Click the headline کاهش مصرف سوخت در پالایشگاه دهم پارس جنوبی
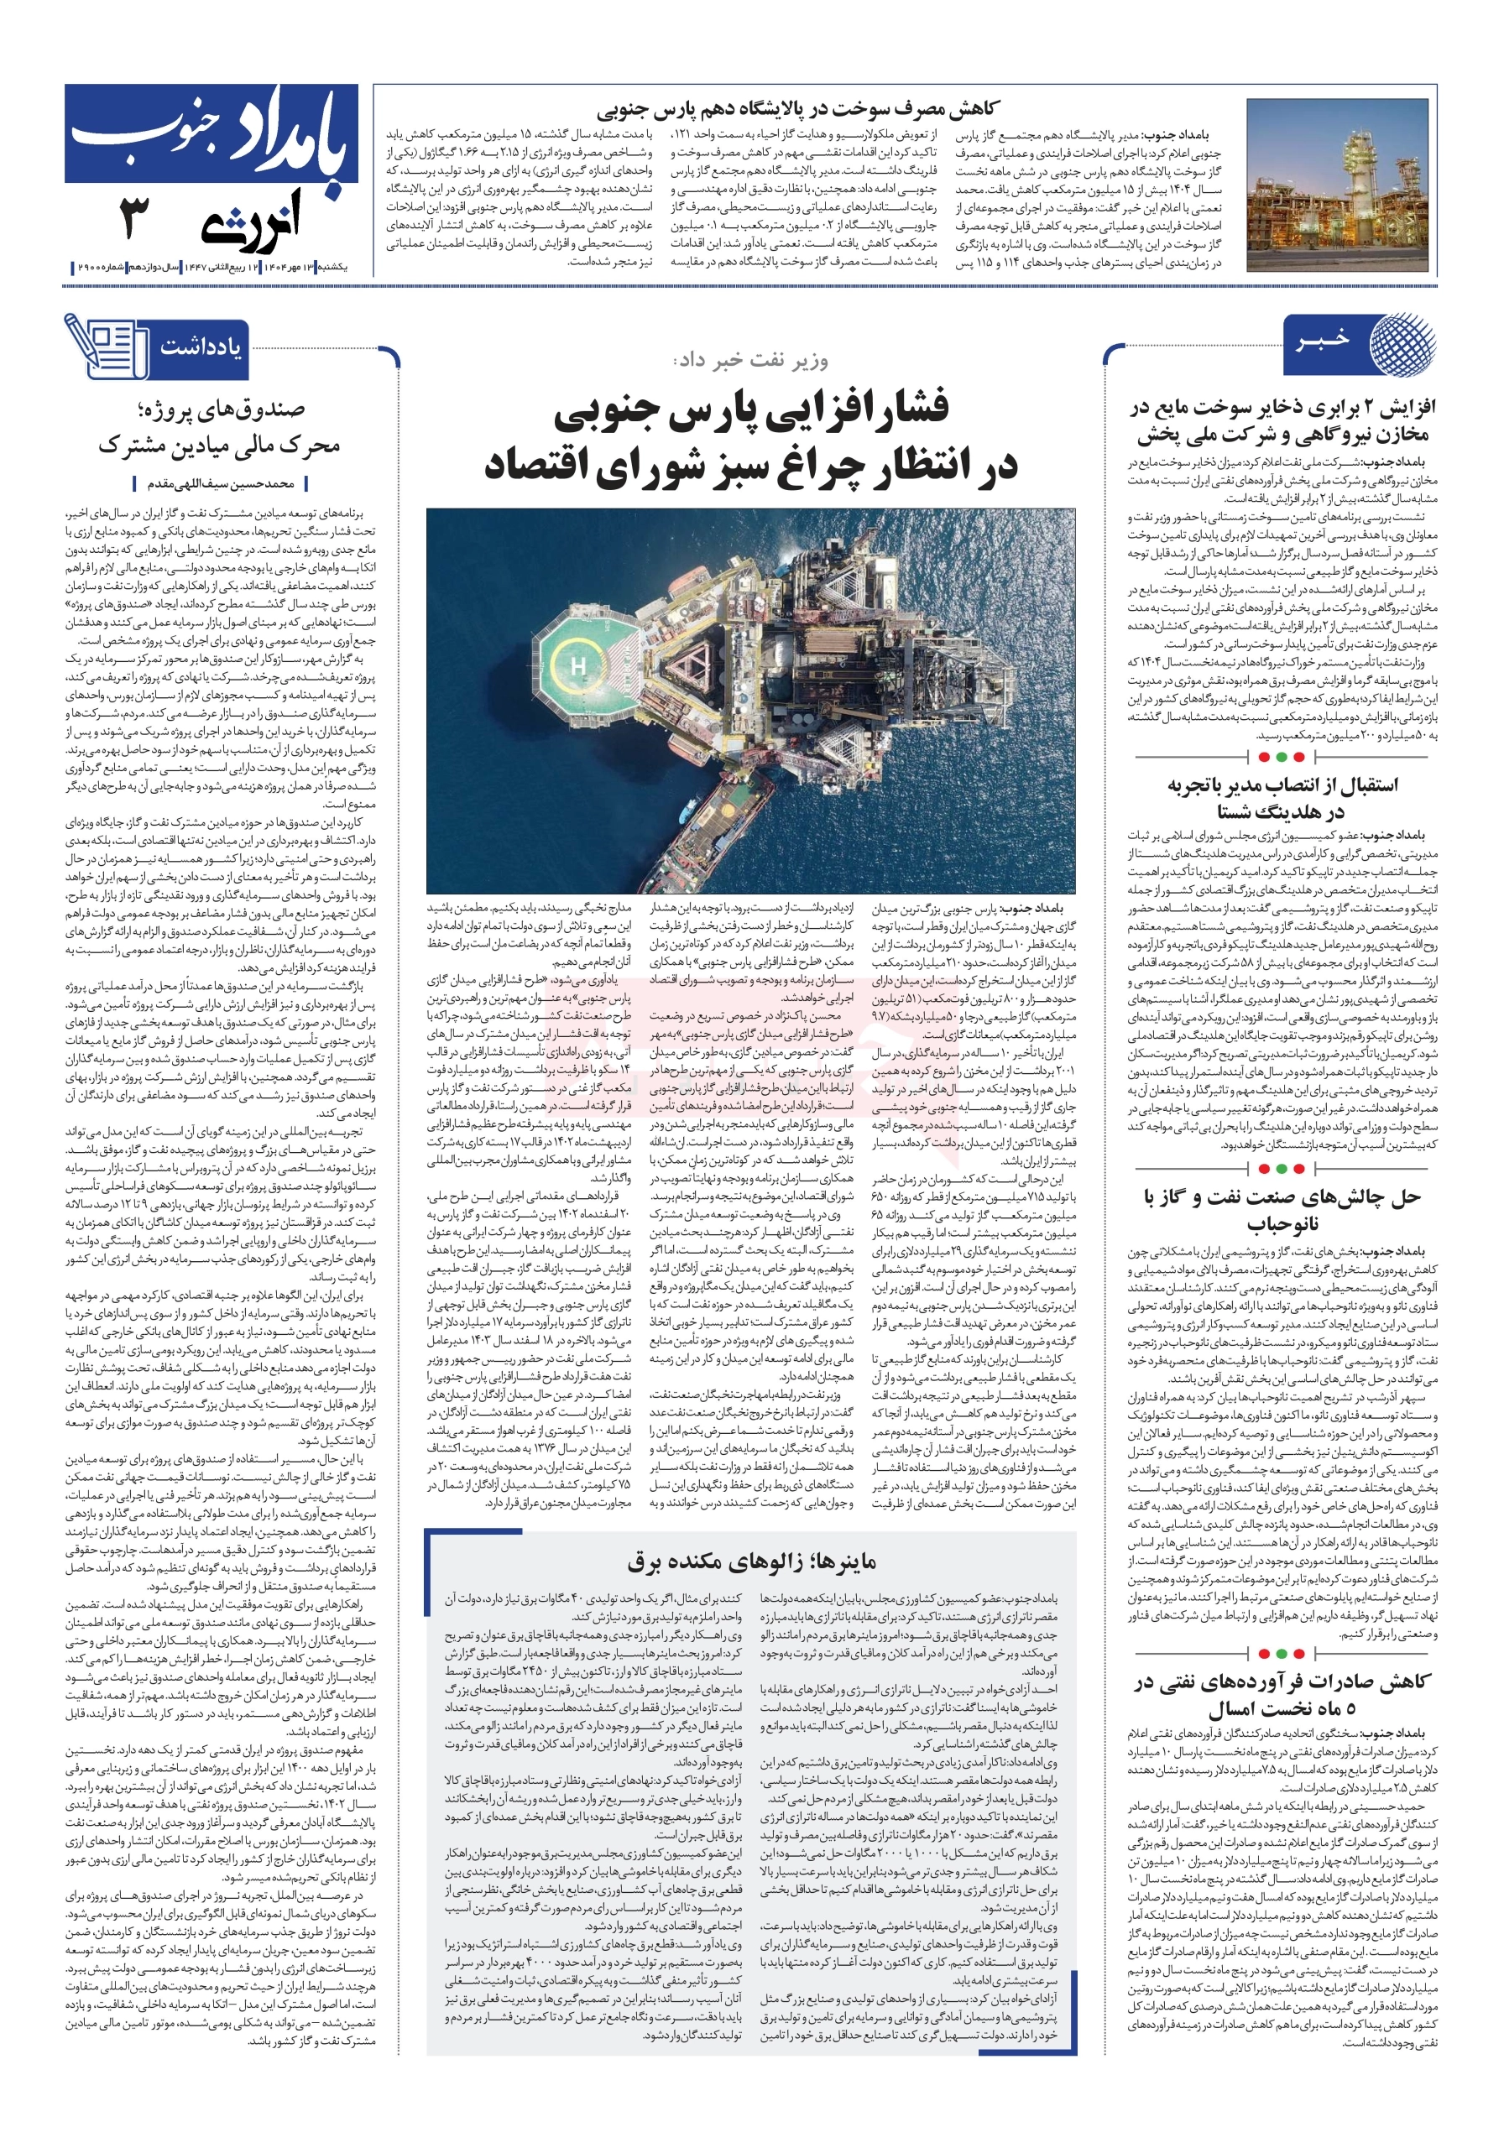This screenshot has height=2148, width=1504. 797,109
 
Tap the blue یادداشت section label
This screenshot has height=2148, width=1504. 201,348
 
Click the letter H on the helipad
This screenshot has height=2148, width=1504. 577,666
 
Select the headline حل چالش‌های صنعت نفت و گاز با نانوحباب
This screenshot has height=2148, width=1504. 1282,1210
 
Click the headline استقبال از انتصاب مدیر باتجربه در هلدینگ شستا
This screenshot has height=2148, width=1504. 1282,798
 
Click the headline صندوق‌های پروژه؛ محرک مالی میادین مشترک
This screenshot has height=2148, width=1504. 221,426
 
